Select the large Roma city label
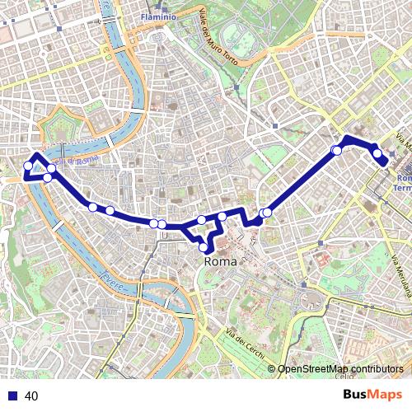coord(220,261)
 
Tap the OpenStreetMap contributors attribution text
coord(340,369)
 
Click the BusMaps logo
coord(372,395)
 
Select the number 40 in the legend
coord(32,396)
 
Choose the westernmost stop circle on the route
coord(28,166)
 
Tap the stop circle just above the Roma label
coord(204,246)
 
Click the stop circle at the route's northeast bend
coord(336,150)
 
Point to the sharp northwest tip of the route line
coord(35,154)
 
